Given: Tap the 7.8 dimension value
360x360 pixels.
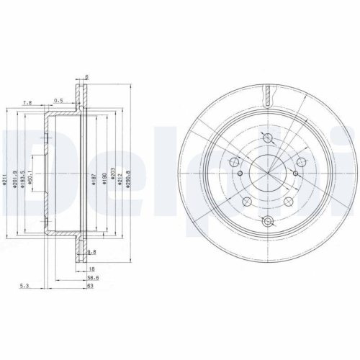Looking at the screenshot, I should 27,103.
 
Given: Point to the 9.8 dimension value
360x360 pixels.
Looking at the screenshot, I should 91,252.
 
